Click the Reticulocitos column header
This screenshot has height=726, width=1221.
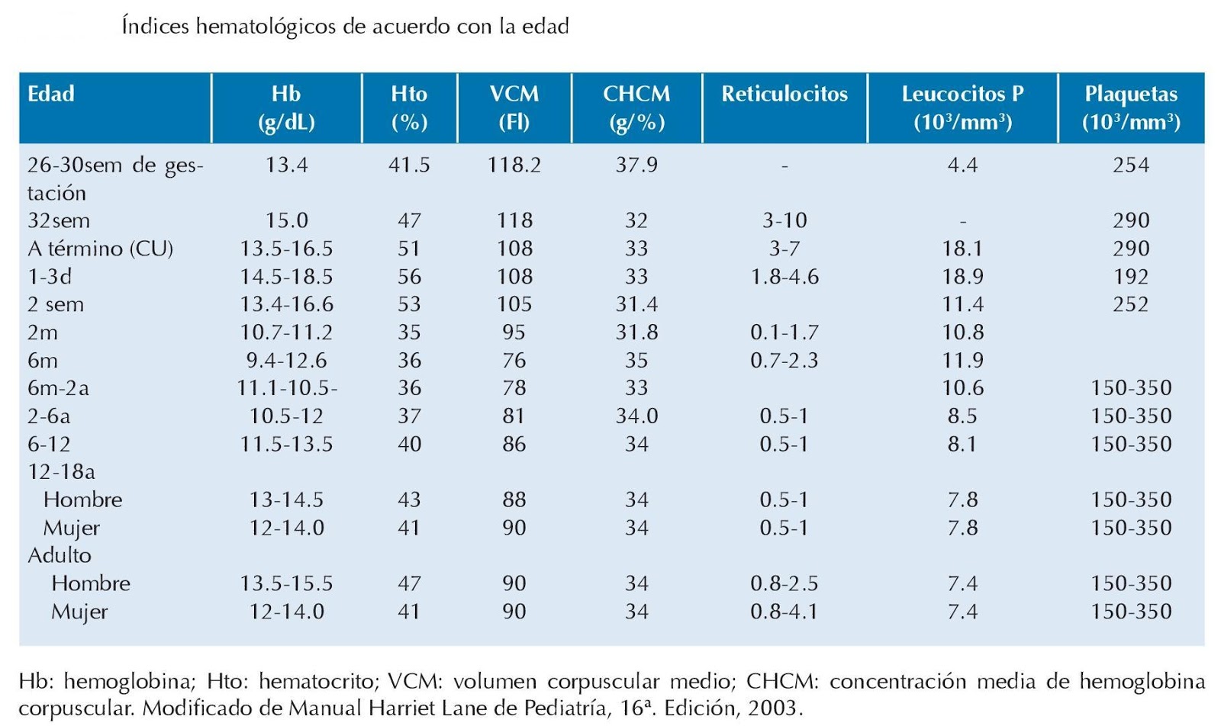(784, 94)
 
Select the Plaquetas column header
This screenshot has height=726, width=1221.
(1131, 107)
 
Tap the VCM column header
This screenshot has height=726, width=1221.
(514, 107)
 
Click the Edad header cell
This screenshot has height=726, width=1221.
(51, 94)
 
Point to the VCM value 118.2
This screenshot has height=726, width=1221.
(514, 165)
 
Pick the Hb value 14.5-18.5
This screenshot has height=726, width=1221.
(286, 276)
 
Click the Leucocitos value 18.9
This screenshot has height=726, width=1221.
(962, 276)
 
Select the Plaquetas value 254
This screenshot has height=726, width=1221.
(1131, 165)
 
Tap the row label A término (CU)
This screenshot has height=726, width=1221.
(100, 249)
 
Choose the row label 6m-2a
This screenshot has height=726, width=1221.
(58, 388)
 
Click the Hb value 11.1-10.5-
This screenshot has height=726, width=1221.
(287, 388)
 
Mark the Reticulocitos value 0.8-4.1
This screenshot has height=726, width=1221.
(784, 612)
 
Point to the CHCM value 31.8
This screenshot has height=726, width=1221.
(636, 332)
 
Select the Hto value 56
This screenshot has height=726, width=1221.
(409, 276)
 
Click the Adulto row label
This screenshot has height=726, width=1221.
(60, 555)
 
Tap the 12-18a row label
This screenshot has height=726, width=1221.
(61, 471)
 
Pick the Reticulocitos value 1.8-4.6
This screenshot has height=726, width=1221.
(784, 276)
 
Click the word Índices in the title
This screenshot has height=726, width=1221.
(155, 27)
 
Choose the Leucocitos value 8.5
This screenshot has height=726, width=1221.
(962, 416)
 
